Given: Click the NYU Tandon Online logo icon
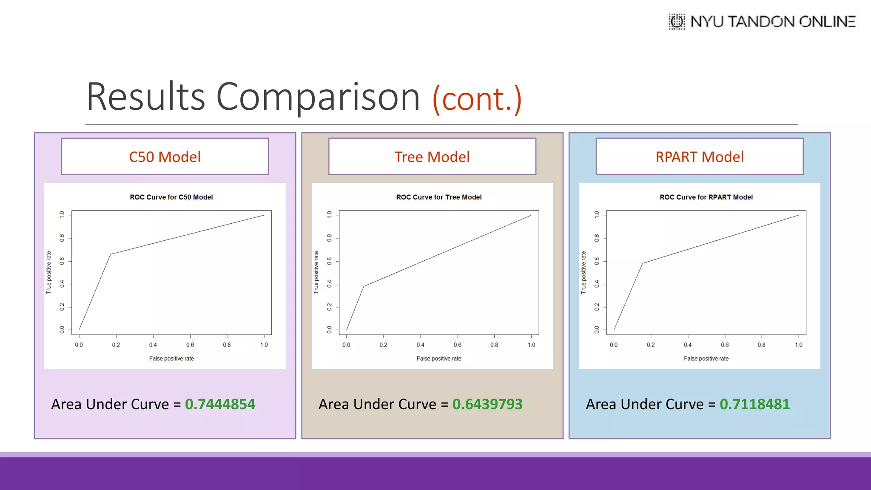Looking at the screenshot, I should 677,21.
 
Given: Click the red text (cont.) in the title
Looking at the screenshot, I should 477,99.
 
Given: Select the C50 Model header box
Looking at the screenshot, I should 165,157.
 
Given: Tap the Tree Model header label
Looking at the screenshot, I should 432,157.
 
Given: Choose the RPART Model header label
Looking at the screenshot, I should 700,157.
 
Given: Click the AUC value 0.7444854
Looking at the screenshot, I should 220,404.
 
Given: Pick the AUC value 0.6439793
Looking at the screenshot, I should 487,404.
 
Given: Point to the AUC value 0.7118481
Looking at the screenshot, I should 754,404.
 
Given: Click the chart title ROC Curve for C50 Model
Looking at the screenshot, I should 171,197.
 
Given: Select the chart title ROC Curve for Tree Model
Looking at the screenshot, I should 439,197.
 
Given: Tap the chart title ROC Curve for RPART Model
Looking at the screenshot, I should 706,197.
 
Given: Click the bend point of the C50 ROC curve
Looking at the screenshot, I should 111,254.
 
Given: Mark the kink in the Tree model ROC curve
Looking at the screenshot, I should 364,286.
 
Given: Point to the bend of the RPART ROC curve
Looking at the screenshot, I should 643,263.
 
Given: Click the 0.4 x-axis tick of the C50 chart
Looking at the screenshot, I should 153,345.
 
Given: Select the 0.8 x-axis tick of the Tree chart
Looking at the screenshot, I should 494,345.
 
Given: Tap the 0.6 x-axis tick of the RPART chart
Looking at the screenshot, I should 725,345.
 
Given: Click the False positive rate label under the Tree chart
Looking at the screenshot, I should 439,359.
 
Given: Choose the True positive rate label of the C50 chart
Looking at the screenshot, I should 49,272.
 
